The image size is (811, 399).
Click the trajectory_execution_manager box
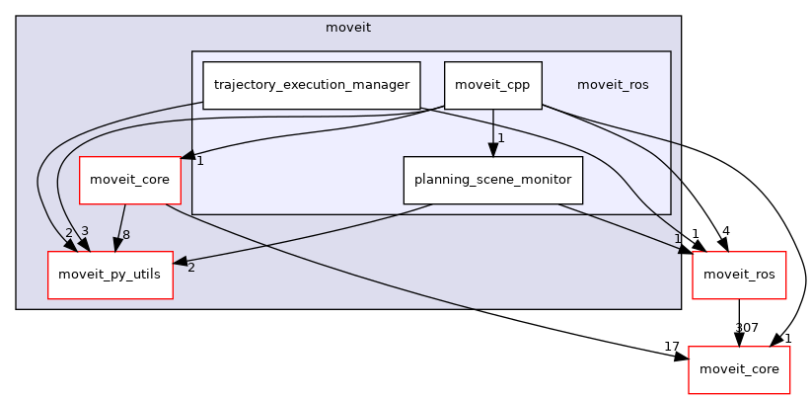[311, 85]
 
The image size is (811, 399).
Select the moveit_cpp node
[492, 85]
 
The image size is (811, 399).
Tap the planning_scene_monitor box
[492, 180]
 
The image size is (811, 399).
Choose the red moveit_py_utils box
[111, 275]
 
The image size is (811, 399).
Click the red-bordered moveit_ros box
[739, 275]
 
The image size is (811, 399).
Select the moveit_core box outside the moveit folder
[739, 368]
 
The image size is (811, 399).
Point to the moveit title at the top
[348, 27]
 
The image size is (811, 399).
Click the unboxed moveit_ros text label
[613, 85]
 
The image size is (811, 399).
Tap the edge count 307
[746, 327]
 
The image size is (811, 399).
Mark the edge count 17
[671, 346]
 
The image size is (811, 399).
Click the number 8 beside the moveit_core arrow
[126, 235]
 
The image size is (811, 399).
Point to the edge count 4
[725, 231]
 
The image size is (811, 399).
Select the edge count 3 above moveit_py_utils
[85, 231]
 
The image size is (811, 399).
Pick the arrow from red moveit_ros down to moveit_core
[739, 322]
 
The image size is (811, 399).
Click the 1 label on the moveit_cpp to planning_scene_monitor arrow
[501, 138]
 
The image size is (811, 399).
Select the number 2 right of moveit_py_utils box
[190, 268]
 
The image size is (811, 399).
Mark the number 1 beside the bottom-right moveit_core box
[788, 338]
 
